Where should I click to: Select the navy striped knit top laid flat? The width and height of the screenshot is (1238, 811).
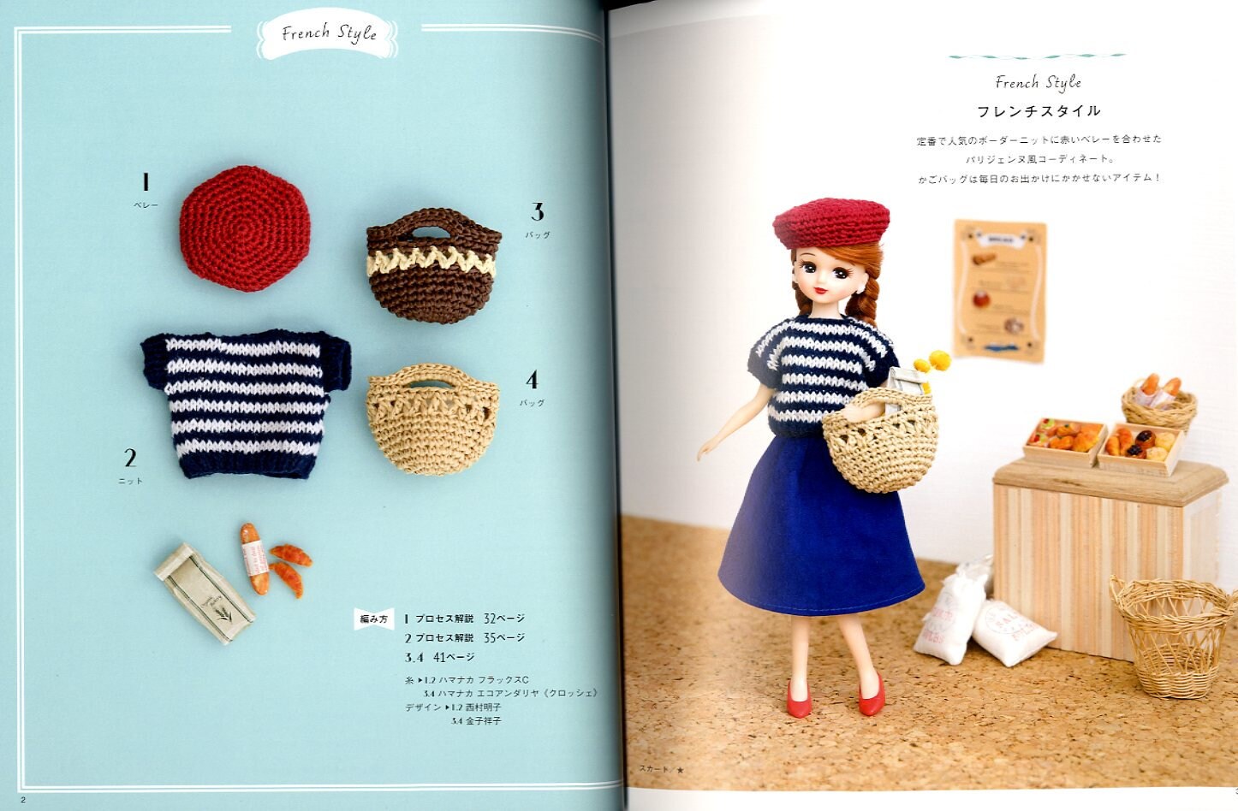click(x=246, y=401)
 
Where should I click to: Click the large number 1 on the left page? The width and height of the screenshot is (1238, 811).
click(x=146, y=182)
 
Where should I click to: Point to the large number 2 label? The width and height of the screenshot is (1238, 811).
click(x=130, y=457)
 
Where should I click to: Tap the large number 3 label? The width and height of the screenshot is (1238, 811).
click(x=538, y=211)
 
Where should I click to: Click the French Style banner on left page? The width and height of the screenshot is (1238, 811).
click(x=329, y=34)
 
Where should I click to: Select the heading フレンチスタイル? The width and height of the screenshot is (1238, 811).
click(x=1039, y=111)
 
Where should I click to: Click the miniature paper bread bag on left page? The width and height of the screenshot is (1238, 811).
click(x=204, y=591)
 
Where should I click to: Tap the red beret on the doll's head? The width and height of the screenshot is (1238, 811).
click(x=830, y=222)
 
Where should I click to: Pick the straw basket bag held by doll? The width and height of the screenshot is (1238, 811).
click(x=880, y=445)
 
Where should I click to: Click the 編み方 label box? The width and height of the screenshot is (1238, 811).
click(x=373, y=618)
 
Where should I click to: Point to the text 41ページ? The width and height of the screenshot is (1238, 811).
click(x=454, y=657)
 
